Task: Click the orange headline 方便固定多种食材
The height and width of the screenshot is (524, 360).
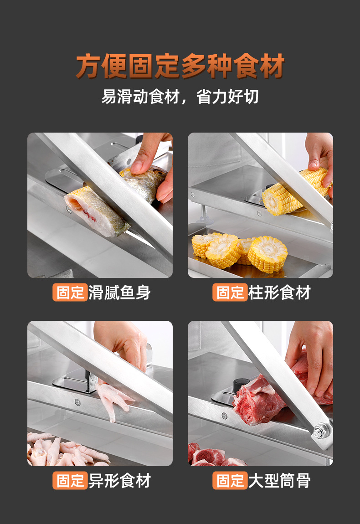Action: [x=180, y=67]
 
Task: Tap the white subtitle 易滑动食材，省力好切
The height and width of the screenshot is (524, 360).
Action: [x=180, y=97]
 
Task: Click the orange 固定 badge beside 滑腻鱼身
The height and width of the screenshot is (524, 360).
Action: [x=70, y=293]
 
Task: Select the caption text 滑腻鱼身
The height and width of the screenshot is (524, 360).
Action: [x=119, y=293]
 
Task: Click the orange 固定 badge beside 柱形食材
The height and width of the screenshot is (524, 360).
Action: [x=230, y=293]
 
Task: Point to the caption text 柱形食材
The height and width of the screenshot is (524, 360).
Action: [x=279, y=293]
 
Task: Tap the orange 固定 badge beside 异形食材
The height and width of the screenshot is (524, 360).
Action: [x=70, y=481]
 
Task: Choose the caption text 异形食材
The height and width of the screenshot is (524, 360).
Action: [x=119, y=481]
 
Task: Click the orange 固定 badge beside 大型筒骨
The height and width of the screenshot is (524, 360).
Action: [x=230, y=481]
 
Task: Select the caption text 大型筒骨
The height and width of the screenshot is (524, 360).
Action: [x=279, y=481]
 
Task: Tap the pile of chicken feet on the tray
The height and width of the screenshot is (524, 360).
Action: [x=64, y=451]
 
